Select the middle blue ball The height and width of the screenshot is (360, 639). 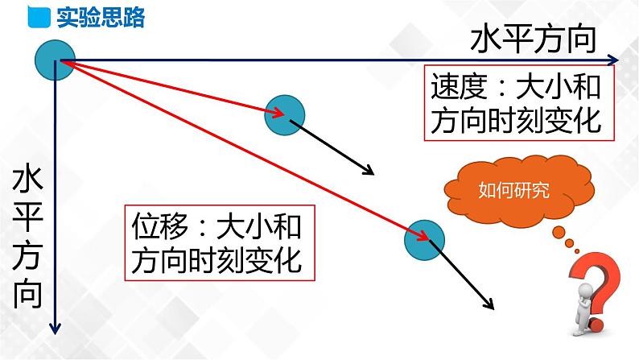pos(284,114)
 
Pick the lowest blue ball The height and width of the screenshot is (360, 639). pos(423,239)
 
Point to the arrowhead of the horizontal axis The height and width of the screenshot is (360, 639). pos(614,60)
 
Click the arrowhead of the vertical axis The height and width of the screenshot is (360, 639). pos(55,328)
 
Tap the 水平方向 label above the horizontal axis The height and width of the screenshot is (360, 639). pos(534,37)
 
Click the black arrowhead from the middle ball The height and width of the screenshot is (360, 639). pos(369,172)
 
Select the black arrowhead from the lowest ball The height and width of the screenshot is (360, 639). pos(489,305)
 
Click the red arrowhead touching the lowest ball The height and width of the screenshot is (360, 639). pos(420,234)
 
